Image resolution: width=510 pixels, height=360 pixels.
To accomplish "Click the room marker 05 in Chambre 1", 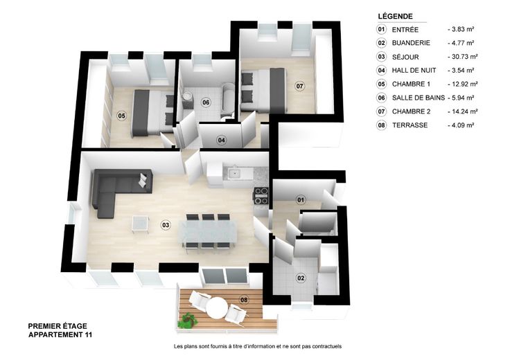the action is point(121,116).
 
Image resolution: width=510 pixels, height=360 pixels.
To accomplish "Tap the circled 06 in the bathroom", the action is point(206,102).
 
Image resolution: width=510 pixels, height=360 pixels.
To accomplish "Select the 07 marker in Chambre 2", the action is point(299,86).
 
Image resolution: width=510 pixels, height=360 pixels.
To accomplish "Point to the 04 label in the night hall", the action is point(222,141).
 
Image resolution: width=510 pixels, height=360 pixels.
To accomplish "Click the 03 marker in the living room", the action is point(166,225).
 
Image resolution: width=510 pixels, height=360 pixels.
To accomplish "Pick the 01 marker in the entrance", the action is point(301,200).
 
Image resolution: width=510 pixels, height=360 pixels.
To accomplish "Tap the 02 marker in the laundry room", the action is point(301,278).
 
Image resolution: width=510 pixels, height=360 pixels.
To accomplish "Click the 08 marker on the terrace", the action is point(244,300).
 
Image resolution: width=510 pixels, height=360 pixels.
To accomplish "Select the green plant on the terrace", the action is point(187,320).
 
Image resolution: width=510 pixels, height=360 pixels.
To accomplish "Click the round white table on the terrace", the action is point(217,308).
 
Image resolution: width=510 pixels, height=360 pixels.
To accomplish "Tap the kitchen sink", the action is point(234,173).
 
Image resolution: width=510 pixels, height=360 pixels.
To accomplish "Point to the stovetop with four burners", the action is point(261,196).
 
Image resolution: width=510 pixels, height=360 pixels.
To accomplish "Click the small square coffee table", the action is point(141,224).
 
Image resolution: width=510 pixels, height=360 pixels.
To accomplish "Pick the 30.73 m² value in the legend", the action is point(462,57).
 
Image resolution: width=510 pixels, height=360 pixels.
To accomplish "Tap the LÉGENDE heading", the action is point(395,16).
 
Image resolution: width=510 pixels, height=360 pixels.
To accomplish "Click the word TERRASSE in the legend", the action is point(410,125).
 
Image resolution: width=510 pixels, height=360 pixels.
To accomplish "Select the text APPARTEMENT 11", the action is point(60,334).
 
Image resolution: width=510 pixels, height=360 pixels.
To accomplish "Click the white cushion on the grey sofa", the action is point(143,180).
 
